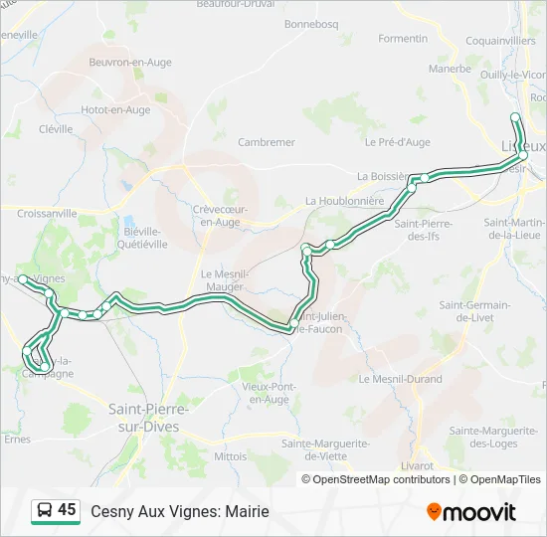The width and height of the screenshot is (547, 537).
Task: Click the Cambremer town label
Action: [268, 142]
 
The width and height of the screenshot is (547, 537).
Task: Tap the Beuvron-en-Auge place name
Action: [130, 63]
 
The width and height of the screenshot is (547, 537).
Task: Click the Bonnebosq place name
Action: [311, 23]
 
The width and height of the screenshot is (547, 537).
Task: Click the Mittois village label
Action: [230, 456]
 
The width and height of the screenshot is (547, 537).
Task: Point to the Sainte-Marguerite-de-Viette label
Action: [326, 449]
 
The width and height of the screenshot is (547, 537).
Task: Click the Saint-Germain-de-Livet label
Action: [474, 310]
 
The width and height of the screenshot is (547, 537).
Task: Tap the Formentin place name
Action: [403, 39]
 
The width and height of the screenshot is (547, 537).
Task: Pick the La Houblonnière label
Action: [344, 200]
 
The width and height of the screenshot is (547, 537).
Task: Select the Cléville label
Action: [56, 129]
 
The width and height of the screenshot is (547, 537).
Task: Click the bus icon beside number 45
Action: [44, 511]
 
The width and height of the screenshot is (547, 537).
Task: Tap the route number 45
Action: [67, 510]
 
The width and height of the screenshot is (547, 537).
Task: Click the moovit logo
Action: [471, 512]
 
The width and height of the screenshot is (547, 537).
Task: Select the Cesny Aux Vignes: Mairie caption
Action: [180, 512]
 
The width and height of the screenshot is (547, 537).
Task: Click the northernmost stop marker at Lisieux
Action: [515, 117]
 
